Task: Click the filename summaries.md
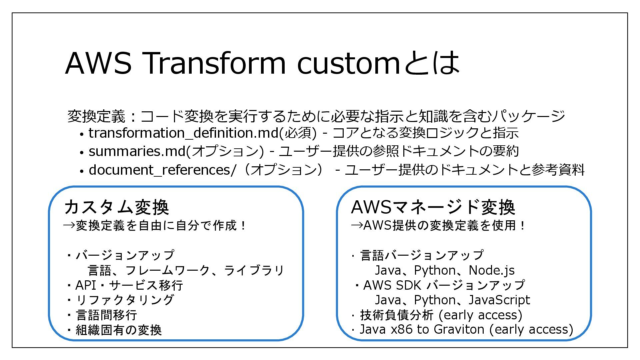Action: pos(137,151)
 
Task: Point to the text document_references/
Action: pos(162,170)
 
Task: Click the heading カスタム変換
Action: pos(117,207)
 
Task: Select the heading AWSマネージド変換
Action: pos(433,207)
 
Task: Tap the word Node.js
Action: pos(492,270)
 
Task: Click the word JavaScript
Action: pos(499,300)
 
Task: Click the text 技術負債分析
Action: pos(397,315)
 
